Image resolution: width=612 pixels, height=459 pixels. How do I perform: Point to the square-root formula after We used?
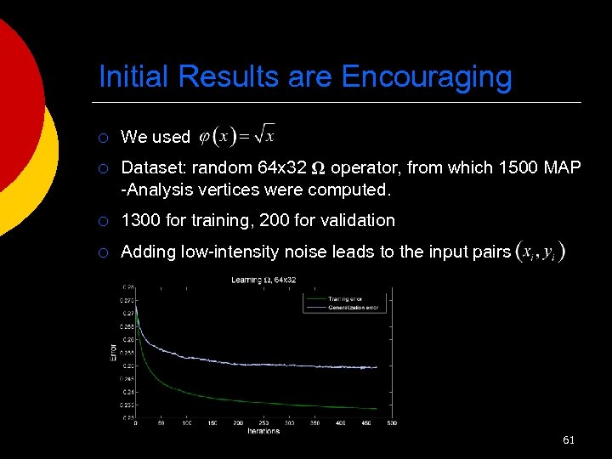click(x=237, y=134)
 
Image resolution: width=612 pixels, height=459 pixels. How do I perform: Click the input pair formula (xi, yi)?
click(x=541, y=252)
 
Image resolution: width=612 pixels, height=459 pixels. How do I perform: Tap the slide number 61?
click(x=569, y=439)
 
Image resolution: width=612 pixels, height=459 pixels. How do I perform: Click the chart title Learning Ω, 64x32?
click(x=263, y=280)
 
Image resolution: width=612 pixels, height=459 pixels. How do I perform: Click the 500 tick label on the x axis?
click(x=392, y=422)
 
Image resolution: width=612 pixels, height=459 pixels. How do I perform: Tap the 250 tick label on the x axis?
click(x=263, y=422)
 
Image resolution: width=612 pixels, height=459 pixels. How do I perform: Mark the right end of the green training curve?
click(x=377, y=407)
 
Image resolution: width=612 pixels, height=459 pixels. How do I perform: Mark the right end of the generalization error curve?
click(x=377, y=367)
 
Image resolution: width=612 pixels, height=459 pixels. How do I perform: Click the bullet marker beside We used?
click(x=103, y=137)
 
